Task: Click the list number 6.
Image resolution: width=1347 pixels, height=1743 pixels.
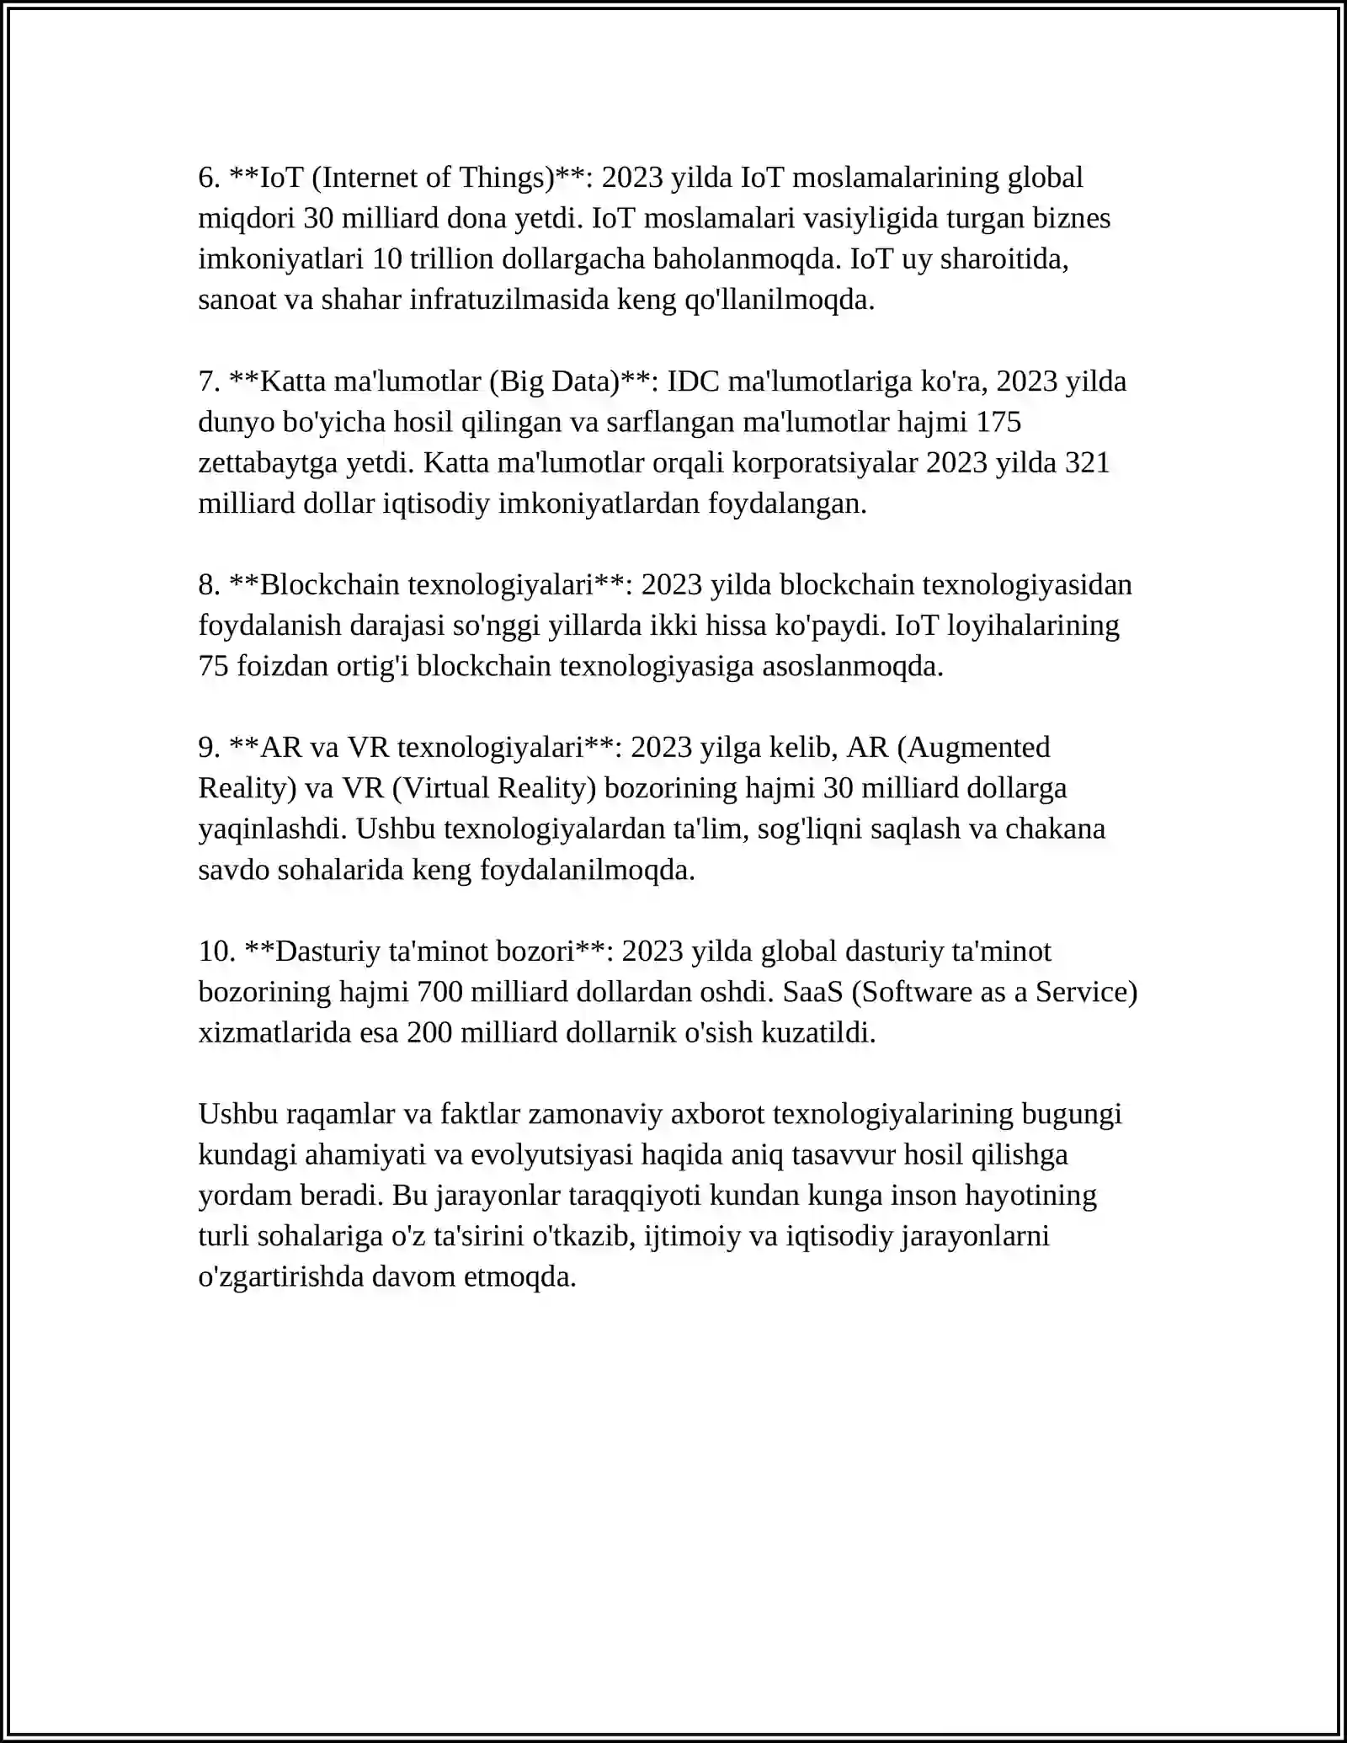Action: click(209, 178)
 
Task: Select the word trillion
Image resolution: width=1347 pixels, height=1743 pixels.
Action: click(451, 259)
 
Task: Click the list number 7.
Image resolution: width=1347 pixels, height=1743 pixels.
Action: click(209, 381)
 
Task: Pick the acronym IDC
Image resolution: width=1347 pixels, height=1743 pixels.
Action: click(694, 381)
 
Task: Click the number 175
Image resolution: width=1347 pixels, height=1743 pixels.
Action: click(998, 422)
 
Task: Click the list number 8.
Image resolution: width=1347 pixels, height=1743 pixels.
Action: click(209, 585)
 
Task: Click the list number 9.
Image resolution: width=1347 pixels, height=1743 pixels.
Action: click(209, 748)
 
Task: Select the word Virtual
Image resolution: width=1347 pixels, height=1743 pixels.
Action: click(444, 788)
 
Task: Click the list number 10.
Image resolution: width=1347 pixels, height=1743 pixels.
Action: click(216, 951)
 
